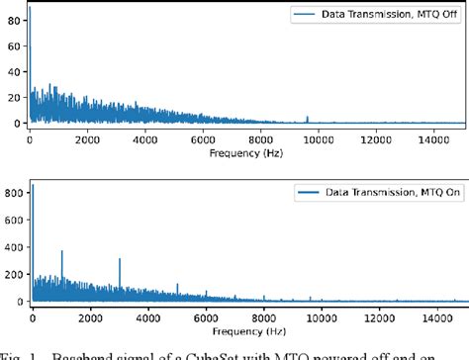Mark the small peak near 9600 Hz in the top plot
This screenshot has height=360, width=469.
tap(307, 118)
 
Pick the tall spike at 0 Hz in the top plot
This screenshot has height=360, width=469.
tap(30, 10)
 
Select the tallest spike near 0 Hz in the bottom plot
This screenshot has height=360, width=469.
tap(32, 185)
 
